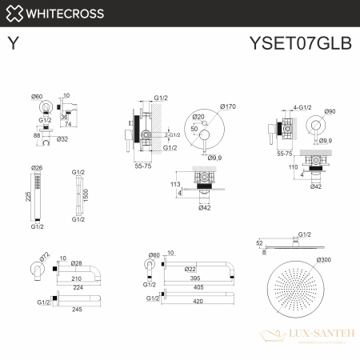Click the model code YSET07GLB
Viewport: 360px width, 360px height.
coord(310,43)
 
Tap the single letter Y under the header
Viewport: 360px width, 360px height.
coord(13,44)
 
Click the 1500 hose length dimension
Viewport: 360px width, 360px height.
coord(86,194)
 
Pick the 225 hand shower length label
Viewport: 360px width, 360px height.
coord(27,196)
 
